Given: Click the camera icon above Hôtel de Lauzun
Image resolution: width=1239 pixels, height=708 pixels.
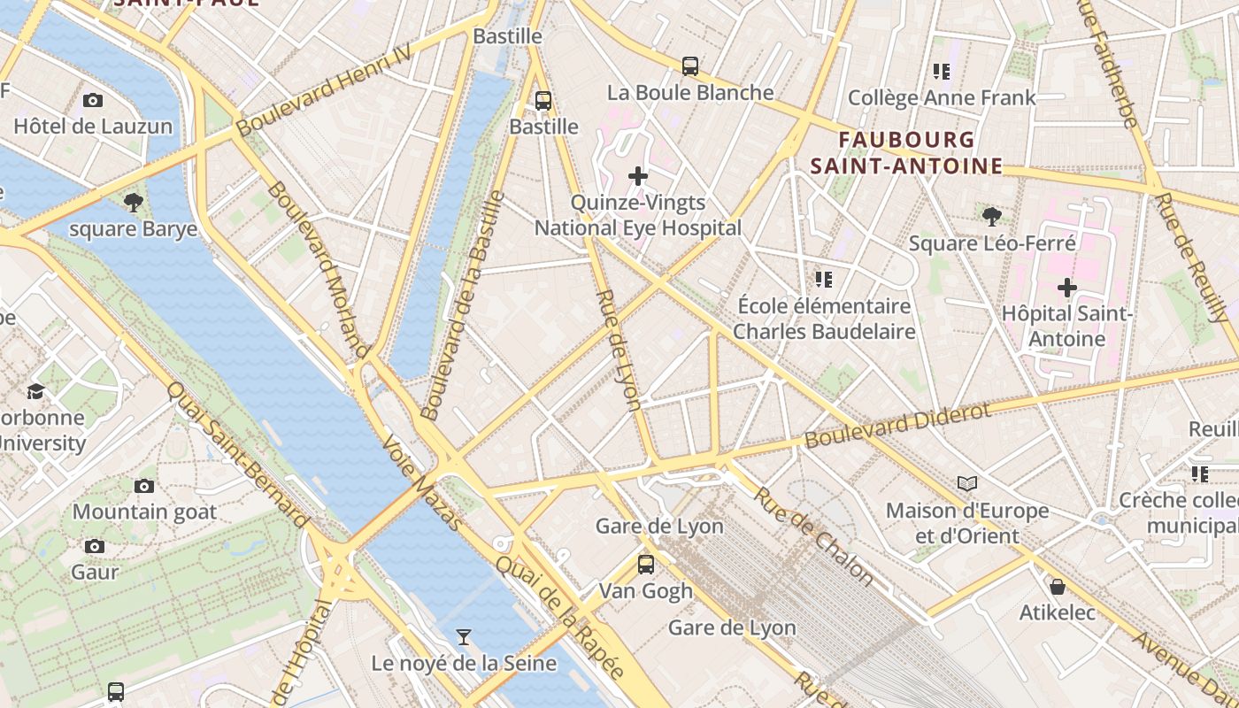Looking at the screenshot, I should tap(93, 101).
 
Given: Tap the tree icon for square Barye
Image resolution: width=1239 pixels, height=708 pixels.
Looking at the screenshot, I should tap(134, 204).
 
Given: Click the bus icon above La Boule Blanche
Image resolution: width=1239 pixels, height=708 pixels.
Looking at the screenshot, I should tap(690, 66).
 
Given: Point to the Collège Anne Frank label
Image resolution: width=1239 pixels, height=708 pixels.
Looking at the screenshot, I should tap(941, 97).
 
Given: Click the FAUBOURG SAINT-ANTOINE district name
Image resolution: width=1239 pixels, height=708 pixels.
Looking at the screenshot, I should tap(906, 153).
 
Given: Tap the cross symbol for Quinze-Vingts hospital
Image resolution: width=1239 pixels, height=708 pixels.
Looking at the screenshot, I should tap(637, 177).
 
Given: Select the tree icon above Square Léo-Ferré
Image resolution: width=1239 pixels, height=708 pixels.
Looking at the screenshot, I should tap(992, 216).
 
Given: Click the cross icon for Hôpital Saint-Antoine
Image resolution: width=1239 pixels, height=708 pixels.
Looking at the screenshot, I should tap(1067, 288).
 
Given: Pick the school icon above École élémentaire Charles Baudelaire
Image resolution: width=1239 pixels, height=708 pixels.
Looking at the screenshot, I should tap(824, 281).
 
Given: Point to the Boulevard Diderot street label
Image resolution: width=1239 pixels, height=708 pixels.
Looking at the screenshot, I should tap(897, 426).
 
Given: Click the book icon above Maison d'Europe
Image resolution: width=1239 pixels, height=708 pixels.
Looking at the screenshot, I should tap(967, 484).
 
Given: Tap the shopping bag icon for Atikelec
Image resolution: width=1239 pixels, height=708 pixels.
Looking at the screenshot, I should tap(1057, 587).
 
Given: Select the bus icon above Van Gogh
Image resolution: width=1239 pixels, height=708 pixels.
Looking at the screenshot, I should tap(646, 565).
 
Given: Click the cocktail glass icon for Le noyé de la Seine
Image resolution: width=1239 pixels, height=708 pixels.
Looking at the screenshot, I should tap(463, 637).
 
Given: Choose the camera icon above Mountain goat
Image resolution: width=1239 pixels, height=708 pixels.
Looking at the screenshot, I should tap(144, 486).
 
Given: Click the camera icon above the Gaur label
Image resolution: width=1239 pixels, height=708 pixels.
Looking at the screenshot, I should tap(95, 547).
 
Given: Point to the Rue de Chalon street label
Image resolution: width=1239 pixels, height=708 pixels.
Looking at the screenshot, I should tap(813, 536).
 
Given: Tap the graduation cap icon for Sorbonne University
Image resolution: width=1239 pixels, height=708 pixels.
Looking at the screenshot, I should tap(35, 391).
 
